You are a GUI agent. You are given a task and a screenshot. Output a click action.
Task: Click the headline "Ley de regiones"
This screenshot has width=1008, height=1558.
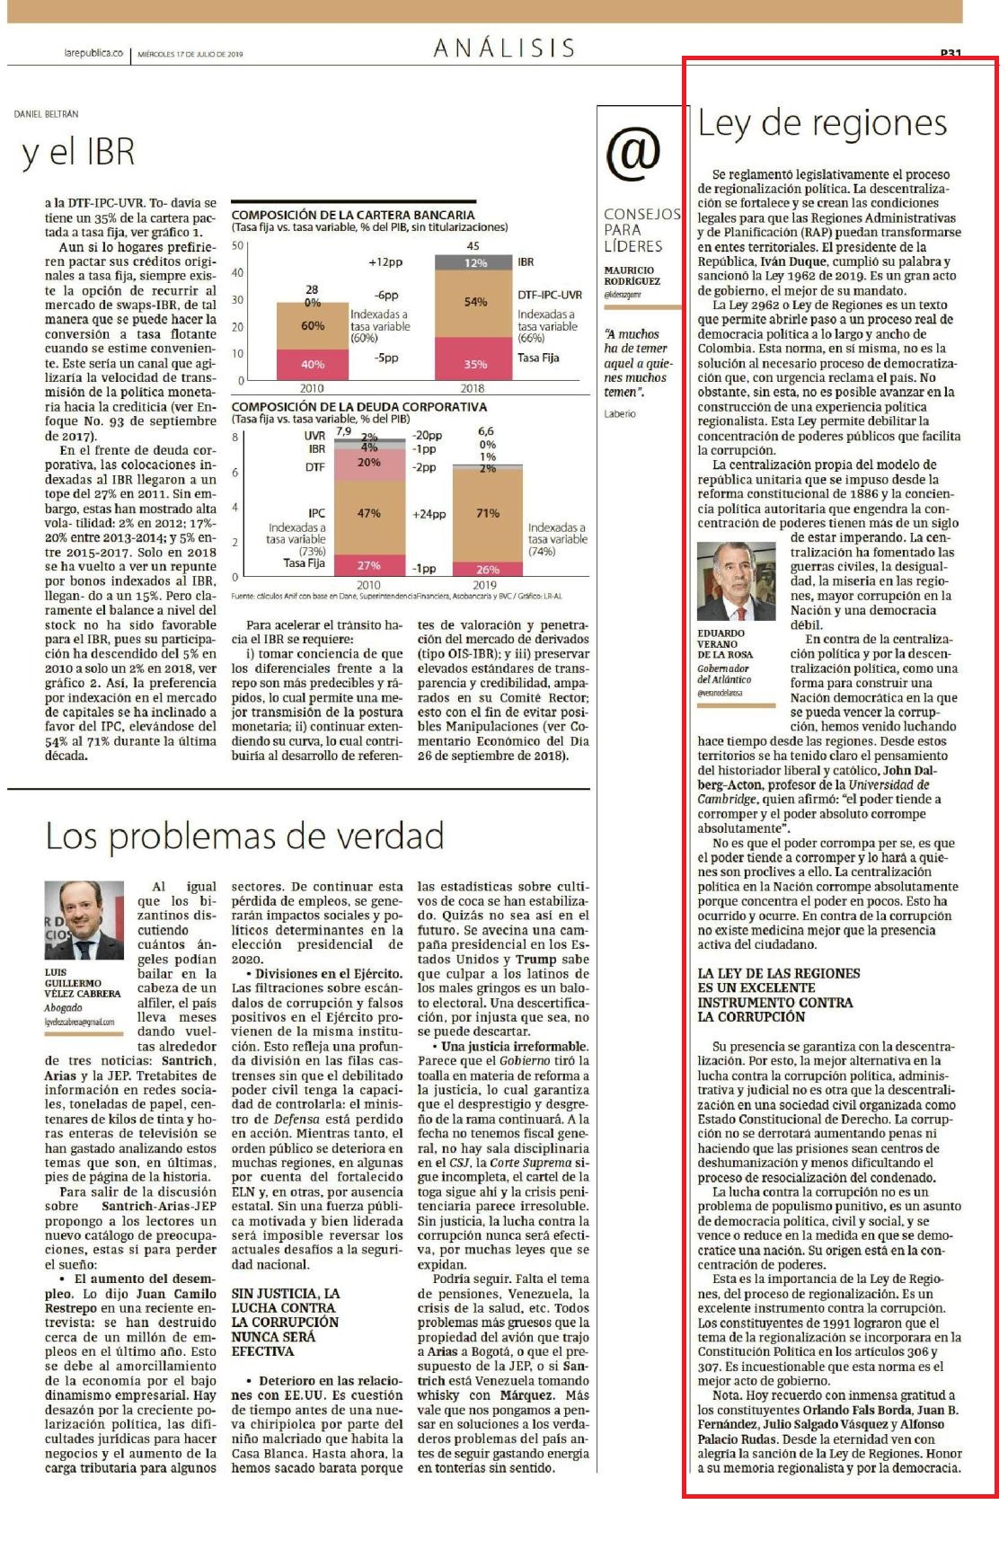pyautogui.click(x=822, y=124)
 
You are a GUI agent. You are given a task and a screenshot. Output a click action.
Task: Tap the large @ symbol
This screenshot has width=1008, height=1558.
pyautogui.click(x=632, y=152)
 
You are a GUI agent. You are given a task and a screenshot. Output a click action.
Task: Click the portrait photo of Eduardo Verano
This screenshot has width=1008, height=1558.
pyautogui.click(x=736, y=583)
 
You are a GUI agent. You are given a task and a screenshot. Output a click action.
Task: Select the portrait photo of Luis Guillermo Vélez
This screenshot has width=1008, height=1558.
pyautogui.click(x=84, y=920)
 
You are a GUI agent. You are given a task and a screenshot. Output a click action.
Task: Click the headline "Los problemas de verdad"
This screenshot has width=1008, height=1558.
pyautogui.click(x=244, y=836)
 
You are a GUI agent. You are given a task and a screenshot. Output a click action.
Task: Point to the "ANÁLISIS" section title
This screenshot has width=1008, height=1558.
pyautogui.click(x=504, y=48)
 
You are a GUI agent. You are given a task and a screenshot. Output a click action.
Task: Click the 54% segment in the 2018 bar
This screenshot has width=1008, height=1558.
pyautogui.click(x=475, y=302)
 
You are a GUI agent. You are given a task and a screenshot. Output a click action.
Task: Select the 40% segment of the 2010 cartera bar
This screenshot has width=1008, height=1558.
pyautogui.click(x=313, y=364)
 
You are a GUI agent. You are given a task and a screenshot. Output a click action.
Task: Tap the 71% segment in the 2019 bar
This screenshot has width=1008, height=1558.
pyautogui.click(x=487, y=514)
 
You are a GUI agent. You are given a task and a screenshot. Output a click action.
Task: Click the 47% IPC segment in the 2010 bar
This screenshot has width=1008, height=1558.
pyautogui.click(x=369, y=514)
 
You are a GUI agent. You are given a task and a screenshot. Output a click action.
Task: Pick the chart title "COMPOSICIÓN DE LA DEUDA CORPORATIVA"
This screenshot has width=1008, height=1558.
pyautogui.click(x=359, y=407)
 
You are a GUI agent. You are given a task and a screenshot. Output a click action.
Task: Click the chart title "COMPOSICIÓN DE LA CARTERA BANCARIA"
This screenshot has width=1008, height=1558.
pyautogui.click(x=353, y=215)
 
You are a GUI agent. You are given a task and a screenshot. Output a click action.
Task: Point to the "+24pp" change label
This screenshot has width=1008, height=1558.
pyautogui.click(x=429, y=515)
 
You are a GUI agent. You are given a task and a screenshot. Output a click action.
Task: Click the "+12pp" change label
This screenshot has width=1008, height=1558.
pyautogui.click(x=385, y=263)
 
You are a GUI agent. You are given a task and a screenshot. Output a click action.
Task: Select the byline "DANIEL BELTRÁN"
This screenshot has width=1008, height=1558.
pyautogui.click(x=46, y=115)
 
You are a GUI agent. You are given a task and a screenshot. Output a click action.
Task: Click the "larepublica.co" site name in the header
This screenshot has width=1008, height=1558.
pyautogui.click(x=93, y=54)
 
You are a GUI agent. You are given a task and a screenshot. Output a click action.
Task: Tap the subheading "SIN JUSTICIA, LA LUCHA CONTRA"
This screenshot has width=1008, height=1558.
pyautogui.click(x=285, y=1300)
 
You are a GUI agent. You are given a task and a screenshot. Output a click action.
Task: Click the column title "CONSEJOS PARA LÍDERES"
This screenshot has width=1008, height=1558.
pyautogui.click(x=641, y=230)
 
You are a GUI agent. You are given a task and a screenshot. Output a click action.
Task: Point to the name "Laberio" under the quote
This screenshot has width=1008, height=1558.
pyautogui.click(x=620, y=413)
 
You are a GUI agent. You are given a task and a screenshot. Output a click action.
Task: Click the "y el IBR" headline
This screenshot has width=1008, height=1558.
pyautogui.click(x=77, y=153)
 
